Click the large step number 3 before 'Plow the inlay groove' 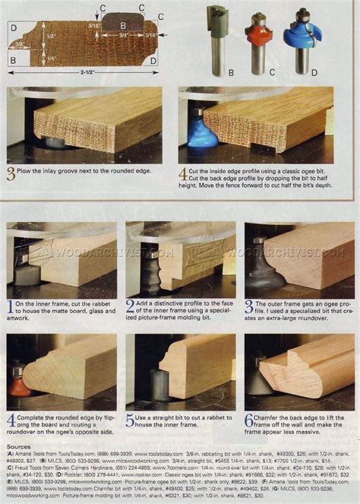pos(11,174)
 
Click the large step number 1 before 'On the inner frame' pos(11,308)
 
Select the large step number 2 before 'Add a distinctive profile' pos(130,308)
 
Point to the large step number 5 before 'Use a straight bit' pos(130,421)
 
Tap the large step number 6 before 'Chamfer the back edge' pos(249,421)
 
